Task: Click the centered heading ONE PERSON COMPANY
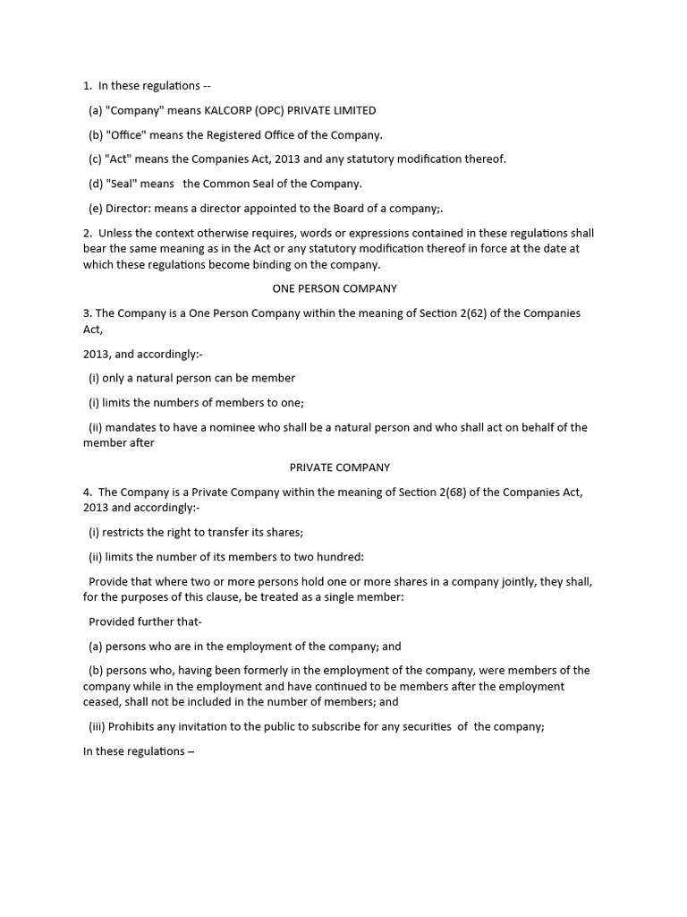[334, 288]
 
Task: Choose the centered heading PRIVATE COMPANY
[340, 467]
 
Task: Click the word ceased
[102, 703]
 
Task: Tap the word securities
[420, 727]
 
